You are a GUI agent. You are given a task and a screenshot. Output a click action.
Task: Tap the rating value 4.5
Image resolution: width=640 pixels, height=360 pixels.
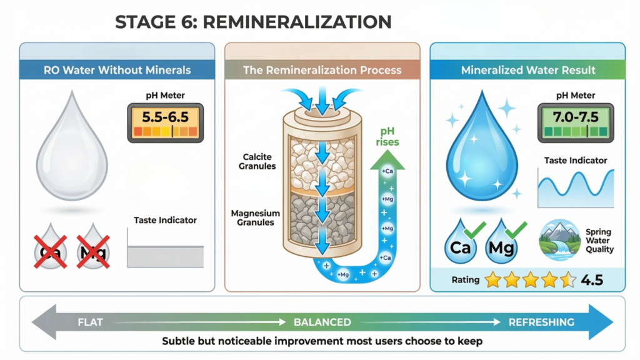tap(591, 280)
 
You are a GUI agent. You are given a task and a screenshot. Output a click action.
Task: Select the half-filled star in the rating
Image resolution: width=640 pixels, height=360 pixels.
tap(567, 280)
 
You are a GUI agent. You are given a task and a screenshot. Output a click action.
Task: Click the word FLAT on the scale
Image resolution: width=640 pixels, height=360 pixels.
tap(91, 322)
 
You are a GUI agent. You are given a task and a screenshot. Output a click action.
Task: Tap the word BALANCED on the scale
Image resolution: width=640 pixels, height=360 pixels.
tap(322, 322)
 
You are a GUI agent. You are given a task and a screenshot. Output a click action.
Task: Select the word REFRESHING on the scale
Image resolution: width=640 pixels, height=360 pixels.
tap(541, 322)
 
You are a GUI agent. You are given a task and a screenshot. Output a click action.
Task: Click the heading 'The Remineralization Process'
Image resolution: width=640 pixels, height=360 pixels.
tap(322, 70)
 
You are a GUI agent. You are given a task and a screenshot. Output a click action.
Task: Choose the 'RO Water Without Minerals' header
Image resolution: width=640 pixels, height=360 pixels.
tap(117, 70)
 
